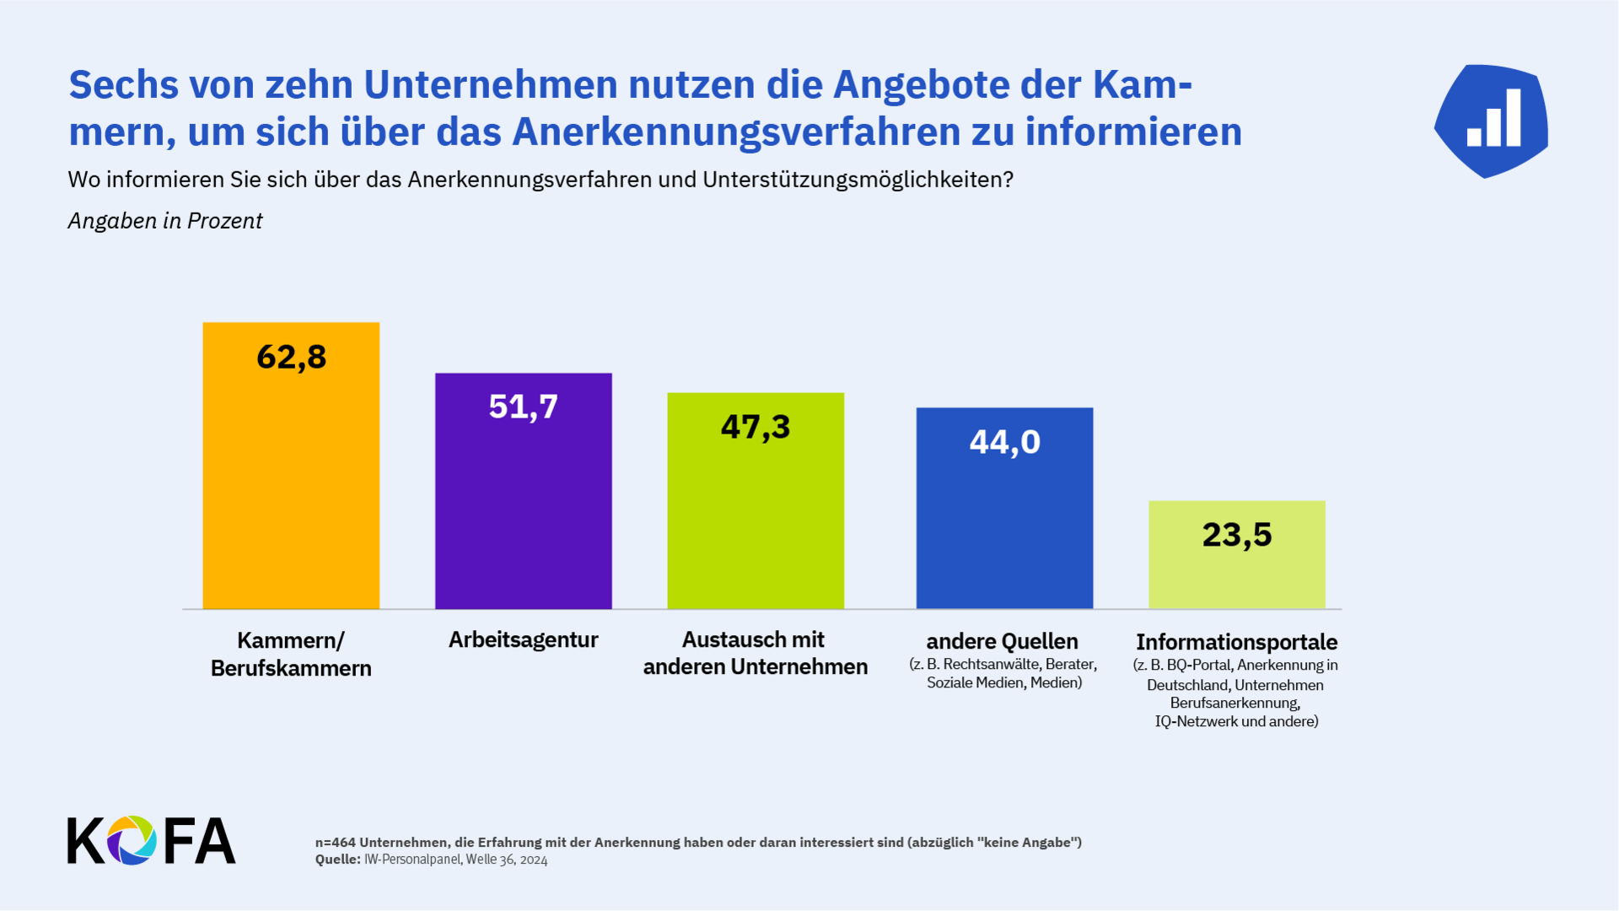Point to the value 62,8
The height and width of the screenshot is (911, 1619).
tap(291, 357)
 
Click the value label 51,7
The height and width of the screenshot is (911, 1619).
tap(523, 407)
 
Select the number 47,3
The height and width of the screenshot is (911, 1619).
tap(756, 427)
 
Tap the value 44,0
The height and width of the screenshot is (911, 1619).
tap(1004, 442)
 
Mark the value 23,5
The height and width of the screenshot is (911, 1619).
tap(1236, 535)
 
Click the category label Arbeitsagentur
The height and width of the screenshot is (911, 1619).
tap(523, 639)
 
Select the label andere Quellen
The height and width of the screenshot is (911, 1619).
tap(1002, 641)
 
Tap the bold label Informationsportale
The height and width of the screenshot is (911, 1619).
tap(1236, 642)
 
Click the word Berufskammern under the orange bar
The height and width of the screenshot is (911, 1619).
tap(291, 668)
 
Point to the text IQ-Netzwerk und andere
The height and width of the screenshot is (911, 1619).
tap(1236, 721)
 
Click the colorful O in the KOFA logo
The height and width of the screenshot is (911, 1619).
tap(132, 840)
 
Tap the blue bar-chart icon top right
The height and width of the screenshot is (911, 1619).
tap(1492, 121)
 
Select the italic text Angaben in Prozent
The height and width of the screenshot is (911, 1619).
tap(165, 221)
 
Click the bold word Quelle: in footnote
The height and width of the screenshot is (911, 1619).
tap(337, 860)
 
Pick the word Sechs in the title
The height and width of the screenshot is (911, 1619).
tap(124, 85)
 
